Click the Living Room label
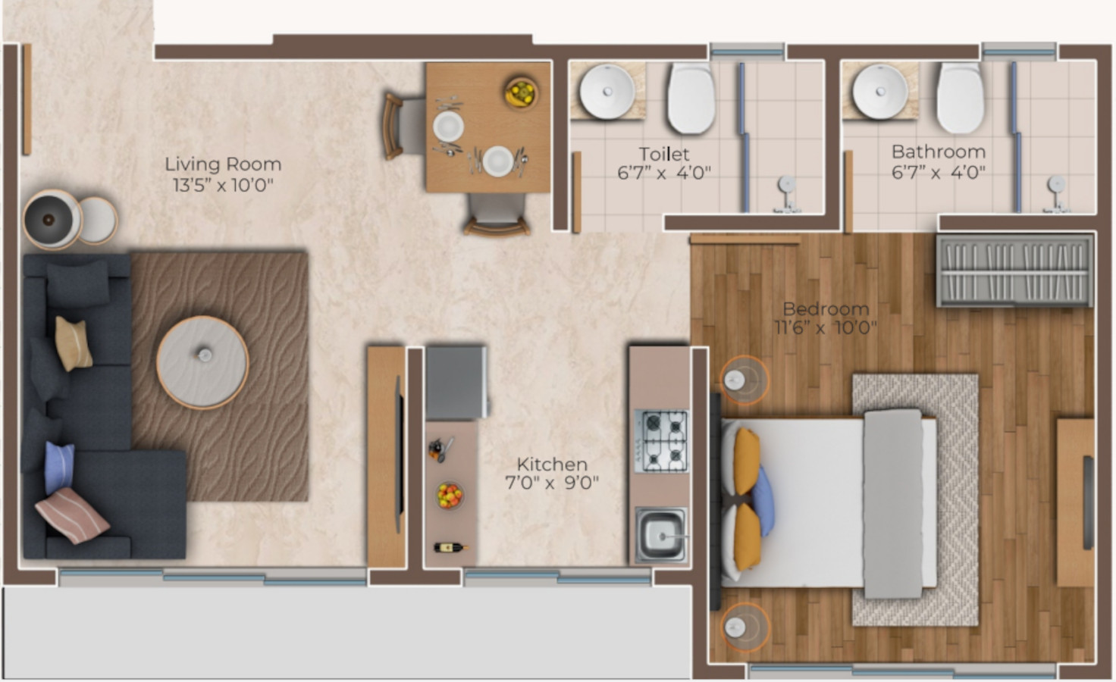(223, 164)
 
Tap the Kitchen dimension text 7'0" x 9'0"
(552, 483)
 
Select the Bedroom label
(826, 308)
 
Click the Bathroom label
(938, 152)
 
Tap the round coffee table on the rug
(202, 361)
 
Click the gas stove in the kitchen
(661, 440)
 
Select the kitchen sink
(661, 535)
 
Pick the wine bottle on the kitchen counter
(450, 547)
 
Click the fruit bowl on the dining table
(521, 92)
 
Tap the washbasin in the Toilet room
(607, 92)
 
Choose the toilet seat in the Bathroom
(961, 98)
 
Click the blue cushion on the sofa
(59, 466)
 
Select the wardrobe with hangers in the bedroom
(1014, 270)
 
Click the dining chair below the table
(496, 214)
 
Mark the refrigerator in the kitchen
(456, 382)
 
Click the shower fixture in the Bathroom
(1055, 186)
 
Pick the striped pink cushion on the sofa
(73, 515)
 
